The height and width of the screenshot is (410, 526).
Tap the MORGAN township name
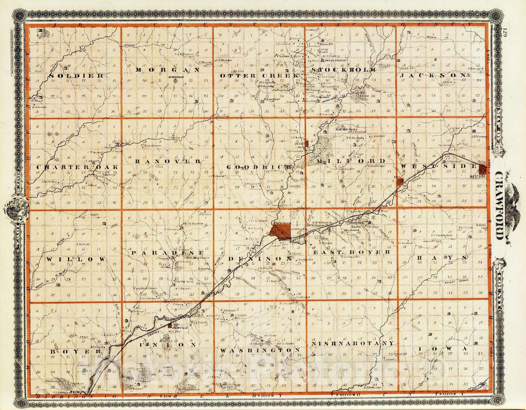tap(168, 70)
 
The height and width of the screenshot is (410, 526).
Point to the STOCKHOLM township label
tap(343, 70)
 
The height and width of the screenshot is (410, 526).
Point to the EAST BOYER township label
tap(351, 252)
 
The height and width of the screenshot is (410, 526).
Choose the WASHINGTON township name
tap(260, 350)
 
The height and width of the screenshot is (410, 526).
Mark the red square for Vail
tap(400, 182)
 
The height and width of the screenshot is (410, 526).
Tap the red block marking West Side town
tap(483, 170)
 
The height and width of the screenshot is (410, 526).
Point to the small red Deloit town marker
tap(306, 143)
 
